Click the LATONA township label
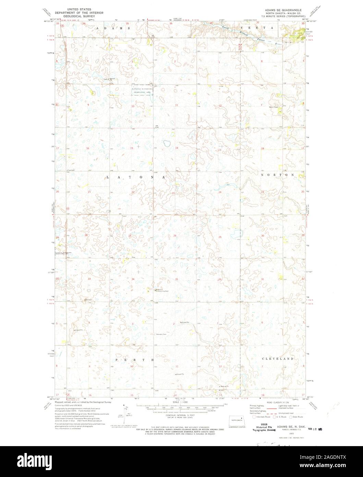click(x=136, y=177)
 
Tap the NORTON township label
click(x=277, y=175)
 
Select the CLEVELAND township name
click(x=278, y=359)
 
